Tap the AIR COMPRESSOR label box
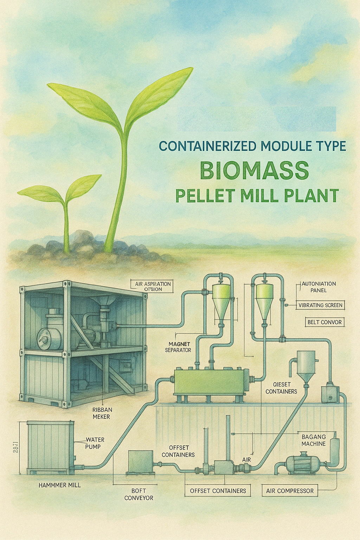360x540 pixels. [x=290, y=491]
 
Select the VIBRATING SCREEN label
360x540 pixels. [x=320, y=305]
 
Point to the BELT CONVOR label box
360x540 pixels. [x=324, y=322]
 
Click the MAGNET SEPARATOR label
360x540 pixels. [x=179, y=347]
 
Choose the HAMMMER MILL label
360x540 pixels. [x=59, y=485]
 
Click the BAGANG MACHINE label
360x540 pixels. [x=314, y=440]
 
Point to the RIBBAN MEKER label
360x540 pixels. [x=102, y=413]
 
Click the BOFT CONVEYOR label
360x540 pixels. [x=139, y=494]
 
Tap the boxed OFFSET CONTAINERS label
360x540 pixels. [x=218, y=491]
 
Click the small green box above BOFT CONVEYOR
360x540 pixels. [x=141, y=461]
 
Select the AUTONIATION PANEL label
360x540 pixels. [x=318, y=287]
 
